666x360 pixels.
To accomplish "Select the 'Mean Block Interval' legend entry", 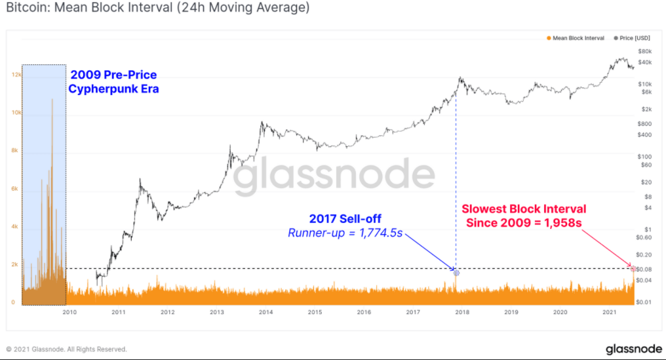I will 578,38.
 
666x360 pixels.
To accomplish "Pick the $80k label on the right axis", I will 644,51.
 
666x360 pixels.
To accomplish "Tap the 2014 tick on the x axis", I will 265,313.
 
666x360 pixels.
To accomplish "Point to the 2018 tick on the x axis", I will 462,313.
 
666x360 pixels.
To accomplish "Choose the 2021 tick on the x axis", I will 609,313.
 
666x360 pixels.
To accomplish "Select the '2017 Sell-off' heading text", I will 345,218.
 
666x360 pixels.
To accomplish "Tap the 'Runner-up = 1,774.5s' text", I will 345,233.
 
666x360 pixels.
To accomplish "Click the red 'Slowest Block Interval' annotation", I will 524,215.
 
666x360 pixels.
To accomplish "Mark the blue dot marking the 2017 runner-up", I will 456,272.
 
